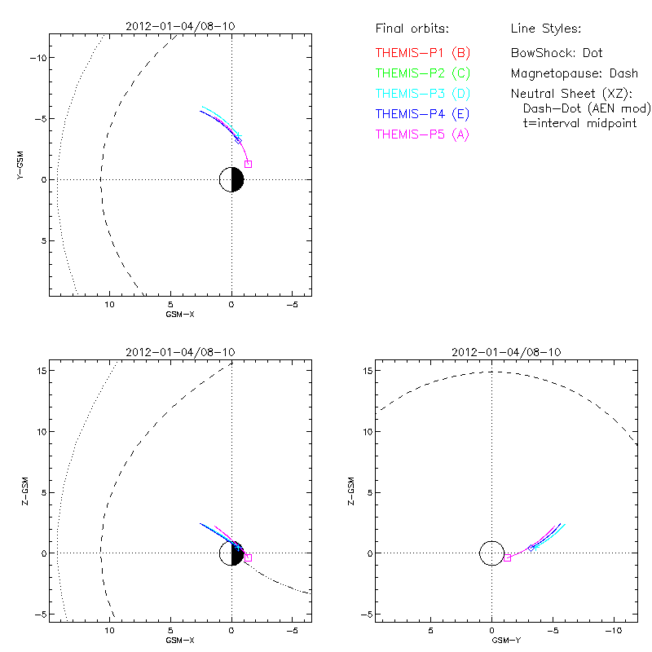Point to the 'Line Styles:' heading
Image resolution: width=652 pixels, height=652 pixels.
coord(545,29)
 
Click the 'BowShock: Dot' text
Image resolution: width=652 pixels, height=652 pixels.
coord(557,53)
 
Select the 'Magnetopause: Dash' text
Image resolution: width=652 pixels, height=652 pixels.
coord(574,73)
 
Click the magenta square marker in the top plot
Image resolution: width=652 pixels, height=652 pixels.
coord(248,164)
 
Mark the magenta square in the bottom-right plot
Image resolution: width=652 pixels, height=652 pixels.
coord(507,557)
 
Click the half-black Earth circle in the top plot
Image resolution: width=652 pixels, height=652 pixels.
coord(231,179)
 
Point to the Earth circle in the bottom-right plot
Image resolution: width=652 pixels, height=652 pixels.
coord(491,553)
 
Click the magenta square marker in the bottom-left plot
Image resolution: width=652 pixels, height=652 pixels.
coord(248,557)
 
